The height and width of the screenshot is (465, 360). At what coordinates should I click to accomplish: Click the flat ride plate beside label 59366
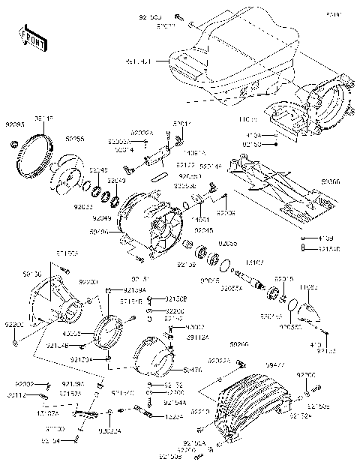pyautogui.click(x=274, y=187)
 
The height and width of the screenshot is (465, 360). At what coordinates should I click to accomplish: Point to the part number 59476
pyautogui.click(x=192, y=370)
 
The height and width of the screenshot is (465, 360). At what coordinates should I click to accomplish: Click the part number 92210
pyautogui.click(x=200, y=412)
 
